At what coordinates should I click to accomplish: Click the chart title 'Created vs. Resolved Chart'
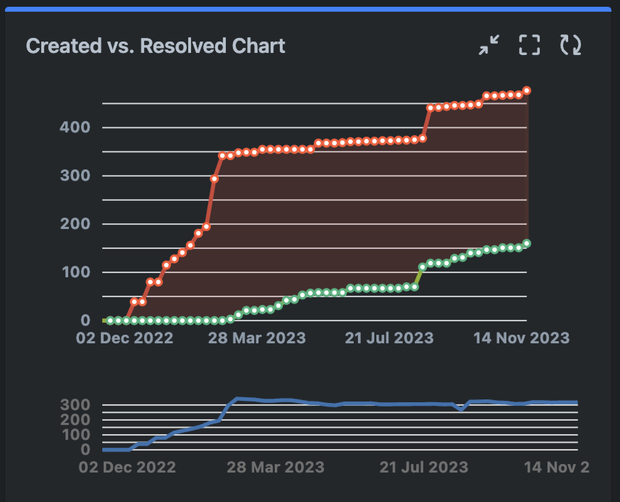(x=156, y=46)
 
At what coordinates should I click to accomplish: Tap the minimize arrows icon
(x=489, y=45)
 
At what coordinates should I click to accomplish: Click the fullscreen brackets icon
(x=529, y=45)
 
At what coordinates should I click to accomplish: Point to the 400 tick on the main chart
(x=75, y=127)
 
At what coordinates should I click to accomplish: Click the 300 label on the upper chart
(x=75, y=175)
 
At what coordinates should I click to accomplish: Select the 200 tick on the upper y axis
(x=75, y=224)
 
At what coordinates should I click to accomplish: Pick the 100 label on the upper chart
(x=76, y=272)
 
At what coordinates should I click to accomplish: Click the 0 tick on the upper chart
(x=85, y=320)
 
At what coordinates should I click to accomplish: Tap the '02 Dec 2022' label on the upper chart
(x=124, y=338)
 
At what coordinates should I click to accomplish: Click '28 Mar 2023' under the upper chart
(x=257, y=338)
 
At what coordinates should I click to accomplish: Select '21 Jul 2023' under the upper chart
(x=389, y=338)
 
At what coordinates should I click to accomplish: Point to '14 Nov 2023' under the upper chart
(x=521, y=338)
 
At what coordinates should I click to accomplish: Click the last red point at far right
(x=527, y=91)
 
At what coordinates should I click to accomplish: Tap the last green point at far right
(x=527, y=244)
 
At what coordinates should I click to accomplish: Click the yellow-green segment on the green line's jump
(x=418, y=277)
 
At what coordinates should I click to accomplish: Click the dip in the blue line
(x=461, y=409)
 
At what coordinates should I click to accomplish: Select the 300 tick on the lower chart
(x=75, y=405)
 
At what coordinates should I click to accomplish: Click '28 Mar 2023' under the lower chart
(x=276, y=467)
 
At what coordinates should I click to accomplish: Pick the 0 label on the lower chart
(x=85, y=449)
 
